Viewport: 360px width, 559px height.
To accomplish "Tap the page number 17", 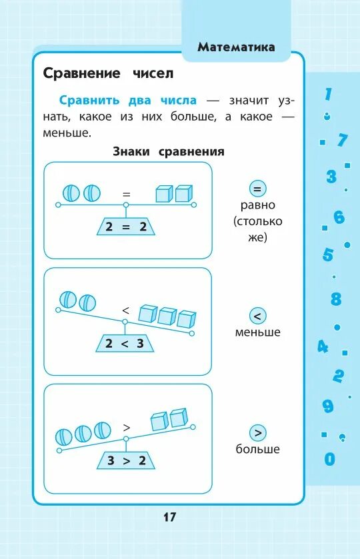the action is (x=169, y=517).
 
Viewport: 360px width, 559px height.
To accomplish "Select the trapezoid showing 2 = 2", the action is (x=125, y=227).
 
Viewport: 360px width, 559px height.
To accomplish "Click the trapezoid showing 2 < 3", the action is (x=125, y=344).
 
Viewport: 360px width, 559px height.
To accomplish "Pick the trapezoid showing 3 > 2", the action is (x=125, y=460).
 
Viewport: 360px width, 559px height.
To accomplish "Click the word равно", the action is (x=257, y=205).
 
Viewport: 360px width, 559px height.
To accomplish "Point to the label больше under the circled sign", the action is (x=257, y=449).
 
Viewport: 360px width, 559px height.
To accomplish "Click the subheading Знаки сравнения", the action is (x=168, y=151).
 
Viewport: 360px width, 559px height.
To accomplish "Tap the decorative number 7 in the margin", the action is (x=343, y=140).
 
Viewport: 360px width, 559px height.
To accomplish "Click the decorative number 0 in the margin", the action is (x=329, y=459).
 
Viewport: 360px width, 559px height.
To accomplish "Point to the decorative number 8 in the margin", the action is (x=336, y=299).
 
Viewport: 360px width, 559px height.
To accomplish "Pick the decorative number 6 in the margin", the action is (x=339, y=217).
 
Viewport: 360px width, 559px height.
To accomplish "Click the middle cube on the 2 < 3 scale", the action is (x=167, y=315).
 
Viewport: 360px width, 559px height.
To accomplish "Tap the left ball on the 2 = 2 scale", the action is (x=71, y=193).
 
